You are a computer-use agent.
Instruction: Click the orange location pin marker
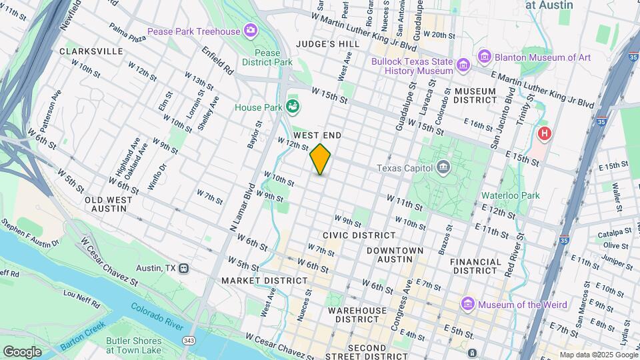pyautogui.click(x=321, y=159)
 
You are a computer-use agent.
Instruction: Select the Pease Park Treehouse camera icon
pyautogui.click(x=251, y=30)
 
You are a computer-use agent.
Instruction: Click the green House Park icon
pyautogui.click(x=292, y=107)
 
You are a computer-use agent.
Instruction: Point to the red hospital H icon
pyautogui.click(x=545, y=134)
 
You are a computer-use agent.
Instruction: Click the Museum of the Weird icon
pyautogui.click(x=468, y=305)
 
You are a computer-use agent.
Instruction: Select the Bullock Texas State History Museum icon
pyautogui.click(x=463, y=65)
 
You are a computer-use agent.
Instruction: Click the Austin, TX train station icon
pyautogui.click(x=184, y=268)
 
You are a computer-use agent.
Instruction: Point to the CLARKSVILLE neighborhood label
pyautogui.click(x=91, y=51)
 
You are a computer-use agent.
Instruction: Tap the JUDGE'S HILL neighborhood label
pyautogui.click(x=327, y=44)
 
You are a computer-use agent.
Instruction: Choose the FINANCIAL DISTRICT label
pyautogui.click(x=476, y=266)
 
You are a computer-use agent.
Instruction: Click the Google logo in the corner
pyautogui.click(x=23, y=351)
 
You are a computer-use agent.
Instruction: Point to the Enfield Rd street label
pyautogui.click(x=219, y=61)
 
